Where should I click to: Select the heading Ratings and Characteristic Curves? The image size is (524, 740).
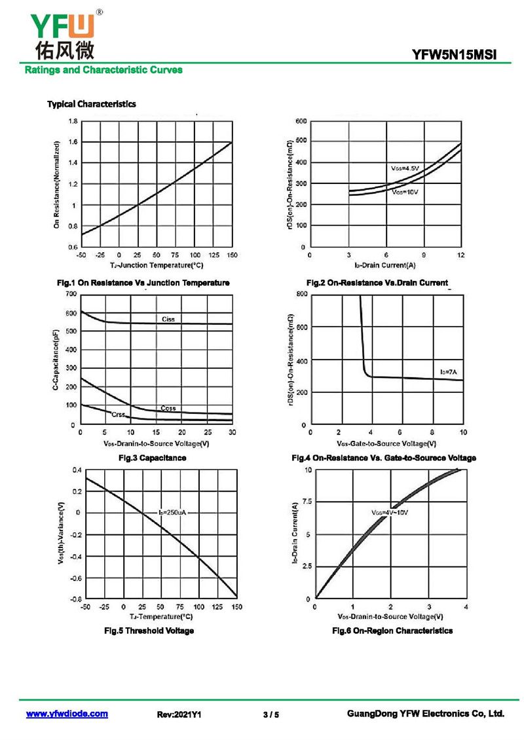click(x=103, y=69)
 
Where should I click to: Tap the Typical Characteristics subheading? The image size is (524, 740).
click(x=92, y=104)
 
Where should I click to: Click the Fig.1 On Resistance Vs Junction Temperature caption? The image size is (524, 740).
click(x=143, y=282)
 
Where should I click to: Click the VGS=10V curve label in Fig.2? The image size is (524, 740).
click(x=405, y=193)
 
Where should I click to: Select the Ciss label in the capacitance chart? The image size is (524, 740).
click(x=168, y=319)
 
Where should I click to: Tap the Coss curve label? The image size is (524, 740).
click(x=168, y=408)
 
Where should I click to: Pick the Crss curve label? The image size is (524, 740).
click(x=118, y=415)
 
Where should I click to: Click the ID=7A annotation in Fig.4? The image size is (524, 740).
click(x=448, y=372)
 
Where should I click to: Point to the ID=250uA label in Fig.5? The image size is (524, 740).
click(x=173, y=512)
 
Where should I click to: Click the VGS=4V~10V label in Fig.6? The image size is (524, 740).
click(x=390, y=512)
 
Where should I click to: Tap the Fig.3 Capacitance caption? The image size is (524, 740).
click(x=152, y=458)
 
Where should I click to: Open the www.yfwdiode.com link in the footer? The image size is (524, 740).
click(x=67, y=714)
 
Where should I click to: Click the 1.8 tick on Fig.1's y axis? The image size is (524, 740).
click(x=73, y=121)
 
